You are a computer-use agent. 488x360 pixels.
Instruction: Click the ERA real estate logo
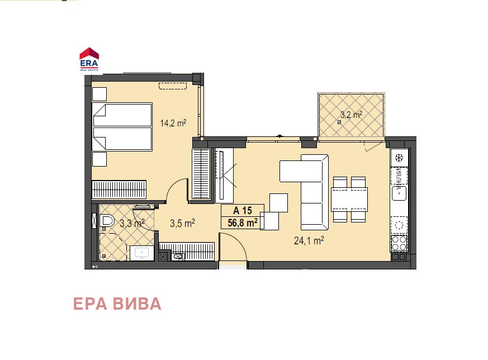click(89, 59)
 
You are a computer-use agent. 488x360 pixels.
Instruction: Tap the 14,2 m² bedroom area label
click(173, 123)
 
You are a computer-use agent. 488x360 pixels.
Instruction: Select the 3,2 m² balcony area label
click(351, 115)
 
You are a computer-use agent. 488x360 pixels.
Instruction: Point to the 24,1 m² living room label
click(309, 240)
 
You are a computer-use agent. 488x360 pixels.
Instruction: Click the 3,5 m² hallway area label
click(182, 223)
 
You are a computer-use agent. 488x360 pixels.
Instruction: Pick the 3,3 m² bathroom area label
click(132, 223)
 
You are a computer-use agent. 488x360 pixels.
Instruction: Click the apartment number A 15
click(243, 211)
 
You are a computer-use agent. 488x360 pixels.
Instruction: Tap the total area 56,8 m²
click(243, 223)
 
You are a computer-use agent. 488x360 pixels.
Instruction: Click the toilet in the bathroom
click(107, 221)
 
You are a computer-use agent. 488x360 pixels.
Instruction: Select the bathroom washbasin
click(142, 253)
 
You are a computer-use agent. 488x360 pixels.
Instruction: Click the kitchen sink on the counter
click(399, 193)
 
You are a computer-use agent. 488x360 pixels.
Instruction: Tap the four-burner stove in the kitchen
click(399, 243)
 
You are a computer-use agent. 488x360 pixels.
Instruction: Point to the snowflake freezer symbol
click(399, 158)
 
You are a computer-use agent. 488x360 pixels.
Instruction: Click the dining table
click(349, 200)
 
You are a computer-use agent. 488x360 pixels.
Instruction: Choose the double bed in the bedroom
click(122, 127)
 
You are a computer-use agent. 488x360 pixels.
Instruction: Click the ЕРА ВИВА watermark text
click(117, 304)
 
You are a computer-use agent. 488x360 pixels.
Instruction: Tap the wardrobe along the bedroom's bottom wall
click(119, 190)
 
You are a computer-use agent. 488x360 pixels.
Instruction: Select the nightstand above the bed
click(100, 94)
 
